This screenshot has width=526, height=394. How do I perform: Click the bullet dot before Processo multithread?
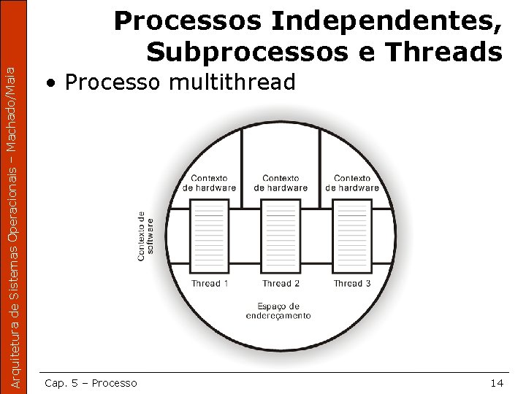tap(50, 83)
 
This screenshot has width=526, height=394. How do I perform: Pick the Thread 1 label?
tap(210, 283)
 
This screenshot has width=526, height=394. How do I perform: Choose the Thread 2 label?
tap(281, 283)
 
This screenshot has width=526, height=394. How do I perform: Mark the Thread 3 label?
tap(352, 283)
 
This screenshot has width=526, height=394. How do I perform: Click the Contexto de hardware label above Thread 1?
tap(210, 182)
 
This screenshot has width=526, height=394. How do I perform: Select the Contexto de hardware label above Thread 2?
tap(281, 182)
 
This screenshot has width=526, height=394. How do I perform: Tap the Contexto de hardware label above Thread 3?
tap(352, 182)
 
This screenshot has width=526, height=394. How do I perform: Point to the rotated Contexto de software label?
tap(145, 236)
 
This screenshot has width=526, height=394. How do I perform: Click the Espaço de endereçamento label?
tap(278, 310)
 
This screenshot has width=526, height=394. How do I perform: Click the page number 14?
tap(497, 382)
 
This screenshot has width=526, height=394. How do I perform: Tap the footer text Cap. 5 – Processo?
tap(91, 382)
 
